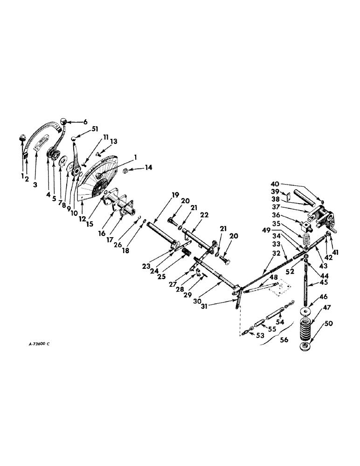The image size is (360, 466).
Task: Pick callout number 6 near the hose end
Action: tap(84, 122)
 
